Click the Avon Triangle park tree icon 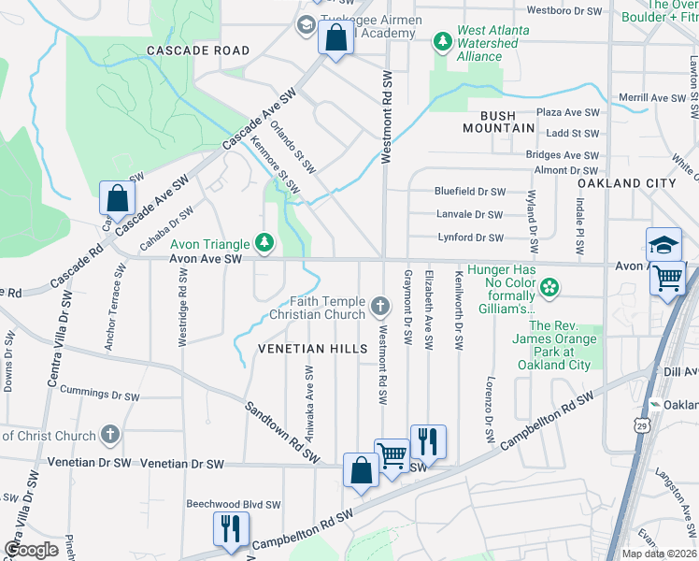[x=265, y=243]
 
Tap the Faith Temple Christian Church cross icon [x=379, y=305]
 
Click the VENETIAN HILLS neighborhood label [x=313, y=349]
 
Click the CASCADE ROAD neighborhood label [x=197, y=50]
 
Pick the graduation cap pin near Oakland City [x=663, y=245]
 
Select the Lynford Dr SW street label [x=470, y=237]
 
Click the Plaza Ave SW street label [x=568, y=112]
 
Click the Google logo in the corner [x=31, y=550]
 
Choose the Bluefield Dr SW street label [x=470, y=192]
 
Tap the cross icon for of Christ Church [x=109, y=435]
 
